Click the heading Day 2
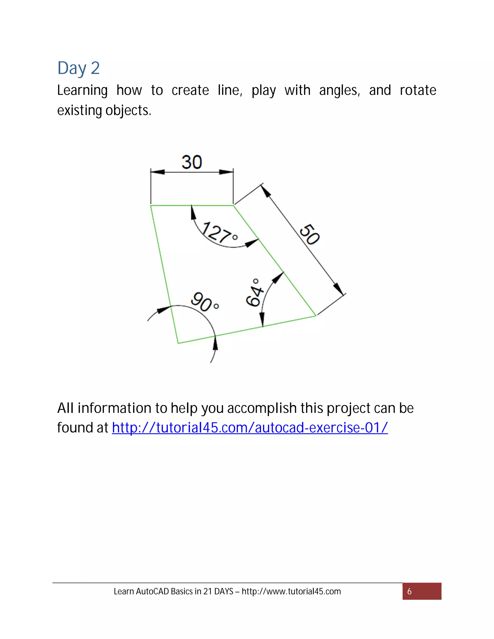78,68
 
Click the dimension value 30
192,162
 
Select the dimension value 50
310,234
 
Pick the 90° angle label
205,302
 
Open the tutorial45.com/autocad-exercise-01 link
250,428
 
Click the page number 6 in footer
409,591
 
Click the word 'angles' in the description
339,90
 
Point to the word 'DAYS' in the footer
224,591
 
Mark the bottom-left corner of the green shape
178,343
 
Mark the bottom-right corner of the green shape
316,316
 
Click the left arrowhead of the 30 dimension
157,172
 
